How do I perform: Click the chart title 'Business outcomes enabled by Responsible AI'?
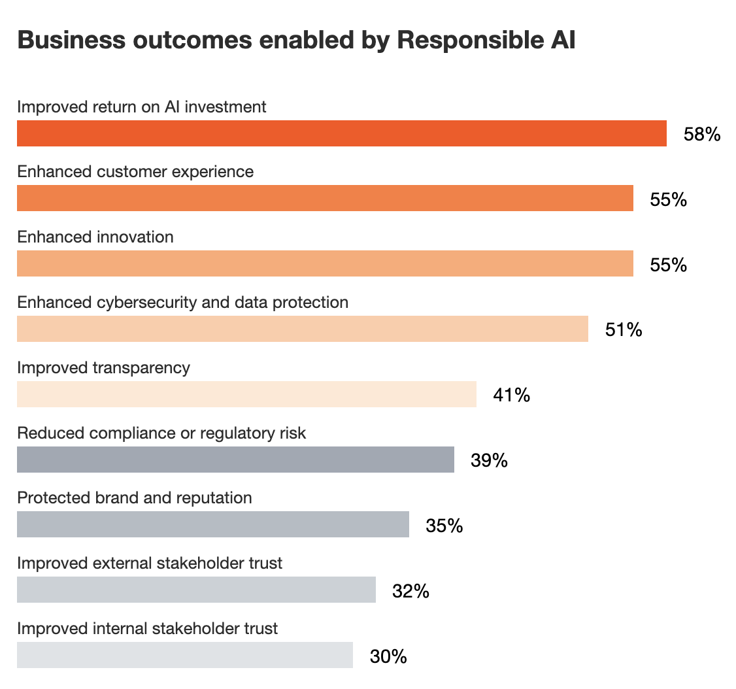(x=296, y=41)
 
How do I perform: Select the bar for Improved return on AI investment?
(x=341, y=133)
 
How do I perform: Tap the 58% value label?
(x=701, y=135)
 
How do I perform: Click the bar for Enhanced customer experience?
(x=325, y=198)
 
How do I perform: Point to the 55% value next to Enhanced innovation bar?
(x=668, y=265)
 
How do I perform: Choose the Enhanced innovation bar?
(x=325, y=263)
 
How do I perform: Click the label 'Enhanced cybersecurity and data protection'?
(x=183, y=303)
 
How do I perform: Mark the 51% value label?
(x=624, y=329)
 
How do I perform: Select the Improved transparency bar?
(x=246, y=394)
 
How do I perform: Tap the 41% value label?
(x=511, y=395)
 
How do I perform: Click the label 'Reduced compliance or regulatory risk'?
(x=161, y=433)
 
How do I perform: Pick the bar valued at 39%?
(x=235, y=460)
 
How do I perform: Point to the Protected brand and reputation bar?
(x=212, y=524)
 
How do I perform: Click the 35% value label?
(x=444, y=526)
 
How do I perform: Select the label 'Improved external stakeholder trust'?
(x=150, y=563)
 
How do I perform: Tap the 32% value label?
(x=410, y=591)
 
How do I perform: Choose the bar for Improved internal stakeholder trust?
(x=184, y=655)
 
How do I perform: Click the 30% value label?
(x=388, y=656)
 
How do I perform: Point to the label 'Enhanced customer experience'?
(x=135, y=172)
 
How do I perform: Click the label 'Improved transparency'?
(x=103, y=367)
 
